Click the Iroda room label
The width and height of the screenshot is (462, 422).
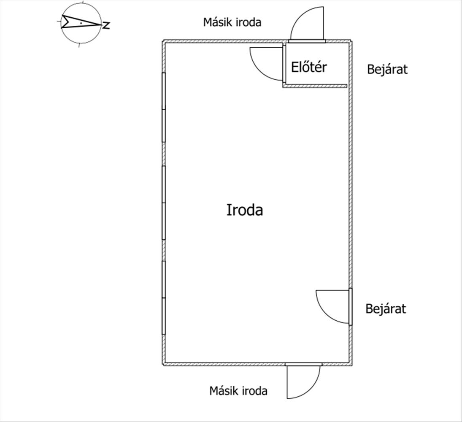tap(245, 210)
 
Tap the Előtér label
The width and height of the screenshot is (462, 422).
tap(309, 67)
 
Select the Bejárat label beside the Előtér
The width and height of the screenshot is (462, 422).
tap(387, 69)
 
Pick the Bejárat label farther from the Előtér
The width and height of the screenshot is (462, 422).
tap(386, 308)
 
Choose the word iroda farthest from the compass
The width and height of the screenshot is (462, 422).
tap(254, 390)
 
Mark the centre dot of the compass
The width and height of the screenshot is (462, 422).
tap(81, 23)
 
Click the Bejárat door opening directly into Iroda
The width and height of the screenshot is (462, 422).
tap(333, 306)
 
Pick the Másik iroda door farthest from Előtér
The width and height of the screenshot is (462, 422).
tap(303, 381)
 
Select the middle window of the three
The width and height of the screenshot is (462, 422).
tap(164, 203)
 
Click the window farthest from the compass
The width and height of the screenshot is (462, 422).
tap(164, 298)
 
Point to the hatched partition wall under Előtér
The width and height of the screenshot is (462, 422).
tap(314, 86)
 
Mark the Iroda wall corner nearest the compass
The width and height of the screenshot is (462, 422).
tap(164, 41)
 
